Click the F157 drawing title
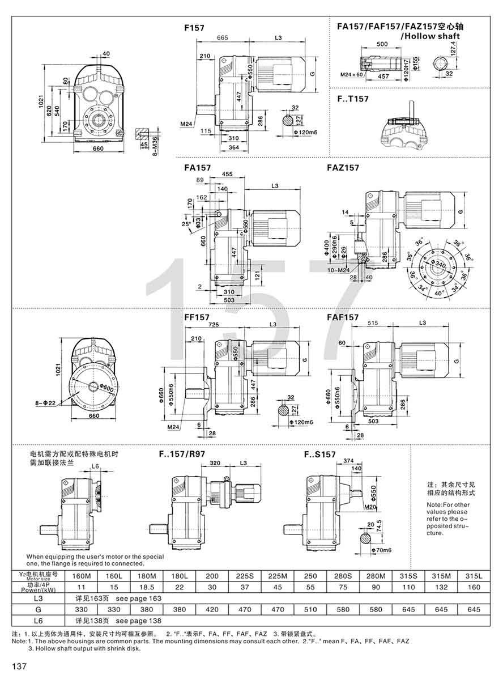[x=194, y=27]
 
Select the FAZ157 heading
[x=342, y=168]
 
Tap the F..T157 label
[x=352, y=99]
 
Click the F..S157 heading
[x=319, y=455]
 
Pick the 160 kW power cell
[x=474, y=587]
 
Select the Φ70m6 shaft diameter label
[x=380, y=550]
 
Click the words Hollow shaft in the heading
[x=430, y=36]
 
